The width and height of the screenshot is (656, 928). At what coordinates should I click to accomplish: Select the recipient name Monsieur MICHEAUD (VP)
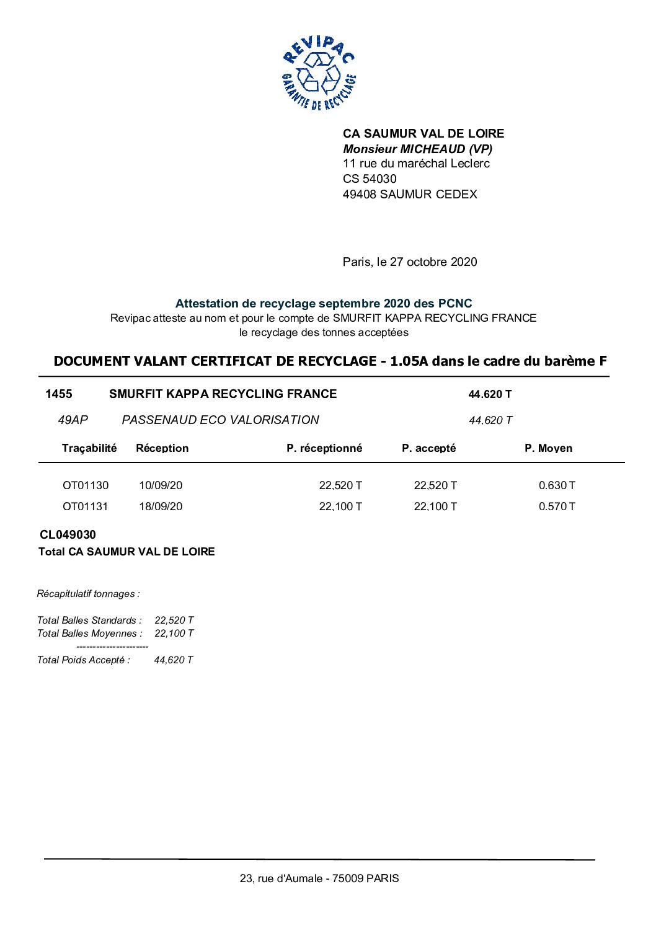coord(417,149)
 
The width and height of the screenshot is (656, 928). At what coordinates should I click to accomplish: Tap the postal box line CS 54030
coord(370,179)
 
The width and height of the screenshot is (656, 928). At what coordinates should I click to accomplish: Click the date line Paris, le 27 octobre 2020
coord(410,262)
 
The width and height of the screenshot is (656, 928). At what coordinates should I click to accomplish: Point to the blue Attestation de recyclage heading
coord(324,303)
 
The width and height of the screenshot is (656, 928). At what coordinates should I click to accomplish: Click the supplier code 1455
coord(59,394)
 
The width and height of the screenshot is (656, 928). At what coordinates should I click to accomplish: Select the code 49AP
coord(73,420)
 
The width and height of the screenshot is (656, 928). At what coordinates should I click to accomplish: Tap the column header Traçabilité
coord(89,448)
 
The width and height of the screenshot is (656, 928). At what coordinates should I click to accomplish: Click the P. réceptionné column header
coord(324,448)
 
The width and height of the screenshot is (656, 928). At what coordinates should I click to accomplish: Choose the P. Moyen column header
coord(548,448)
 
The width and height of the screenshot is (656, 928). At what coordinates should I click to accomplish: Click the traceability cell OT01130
coord(86,485)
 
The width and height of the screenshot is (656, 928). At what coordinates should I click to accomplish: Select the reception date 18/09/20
coord(161,506)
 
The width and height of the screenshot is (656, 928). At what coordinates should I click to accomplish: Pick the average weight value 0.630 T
coord(557,485)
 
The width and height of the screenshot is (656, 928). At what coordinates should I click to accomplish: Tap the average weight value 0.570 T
coord(557,506)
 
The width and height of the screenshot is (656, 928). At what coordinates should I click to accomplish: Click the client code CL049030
coord(68,534)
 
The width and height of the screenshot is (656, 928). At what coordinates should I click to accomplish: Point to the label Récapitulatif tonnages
coord(88,594)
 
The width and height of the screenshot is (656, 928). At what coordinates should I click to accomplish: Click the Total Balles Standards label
coord(89,620)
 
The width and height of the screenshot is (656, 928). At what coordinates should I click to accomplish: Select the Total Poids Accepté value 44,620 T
coord(174,660)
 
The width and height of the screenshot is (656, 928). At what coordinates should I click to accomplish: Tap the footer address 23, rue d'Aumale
coord(319,878)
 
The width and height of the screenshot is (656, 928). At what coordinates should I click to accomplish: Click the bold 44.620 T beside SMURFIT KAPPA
coord(490,394)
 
